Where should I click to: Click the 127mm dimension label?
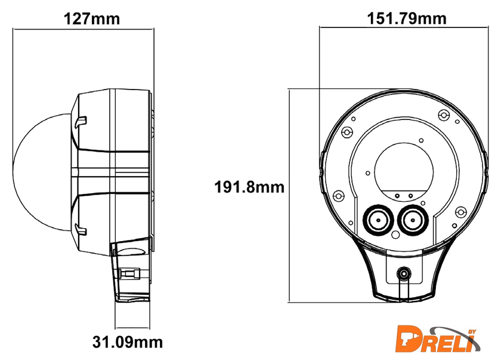tap(92, 19)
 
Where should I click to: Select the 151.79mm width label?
tap(406, 19)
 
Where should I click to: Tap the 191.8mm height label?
tap(249, 187)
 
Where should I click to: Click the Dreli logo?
tap(438, 339)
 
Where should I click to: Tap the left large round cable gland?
tap(378, 220)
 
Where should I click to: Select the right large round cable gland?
tap(413, 220)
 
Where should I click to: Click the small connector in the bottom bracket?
tap(404, 273)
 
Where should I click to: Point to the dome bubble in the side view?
tap(42, 172)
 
